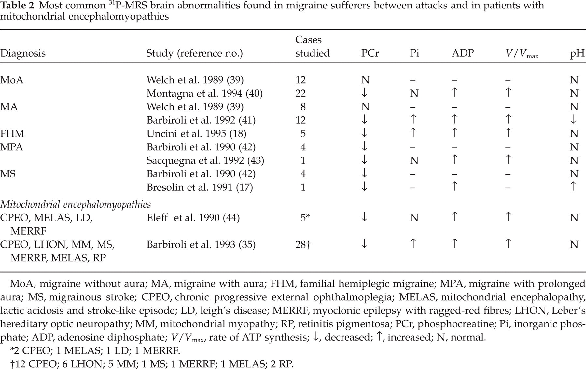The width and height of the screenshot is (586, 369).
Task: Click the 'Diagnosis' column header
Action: click(23, 53)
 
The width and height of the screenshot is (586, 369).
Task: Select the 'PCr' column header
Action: click(370, 53)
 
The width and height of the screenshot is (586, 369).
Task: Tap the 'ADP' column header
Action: click(463, 53)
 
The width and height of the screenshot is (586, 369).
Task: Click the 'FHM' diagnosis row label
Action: click(12, 134)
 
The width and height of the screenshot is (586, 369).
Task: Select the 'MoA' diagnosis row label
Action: click(12, 80)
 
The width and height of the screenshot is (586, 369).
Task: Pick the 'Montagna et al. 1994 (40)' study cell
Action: click(204, 94)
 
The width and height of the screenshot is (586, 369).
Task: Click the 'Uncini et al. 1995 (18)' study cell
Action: click(196, 134)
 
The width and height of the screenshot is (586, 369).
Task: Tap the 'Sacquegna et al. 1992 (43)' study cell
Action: click(205, 160)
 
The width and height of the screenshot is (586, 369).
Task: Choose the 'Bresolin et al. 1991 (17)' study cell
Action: click(200, 187)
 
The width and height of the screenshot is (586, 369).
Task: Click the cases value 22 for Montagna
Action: click(300, 94)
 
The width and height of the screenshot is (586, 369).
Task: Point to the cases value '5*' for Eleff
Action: click(305, 218)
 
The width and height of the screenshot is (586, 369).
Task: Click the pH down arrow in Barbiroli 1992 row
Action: click(574, 120)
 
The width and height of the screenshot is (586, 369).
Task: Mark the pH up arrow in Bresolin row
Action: click(574, 187)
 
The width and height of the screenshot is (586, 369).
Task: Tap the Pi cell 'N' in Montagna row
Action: click(414, 94)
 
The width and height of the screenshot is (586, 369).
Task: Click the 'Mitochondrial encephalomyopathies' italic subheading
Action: click(76, 205)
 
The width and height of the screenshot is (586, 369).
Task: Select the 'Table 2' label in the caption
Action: click(16, 6)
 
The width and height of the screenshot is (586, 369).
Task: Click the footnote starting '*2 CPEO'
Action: click(95, 351)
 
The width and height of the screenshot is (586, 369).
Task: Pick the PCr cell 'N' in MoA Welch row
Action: click(365, 80)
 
